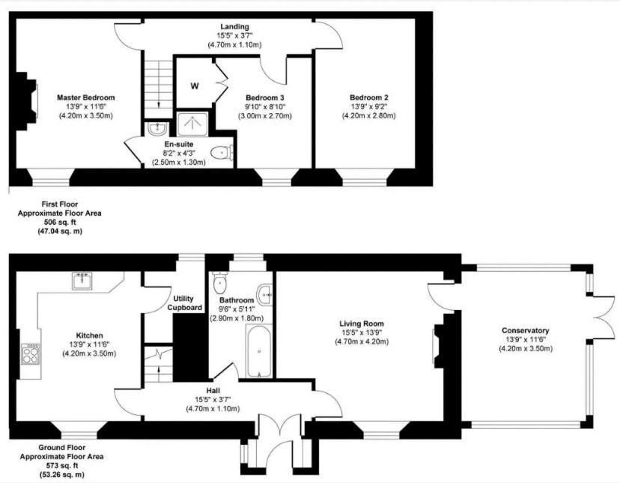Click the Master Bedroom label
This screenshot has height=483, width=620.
[86, 97]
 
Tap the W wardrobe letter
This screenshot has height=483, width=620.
[195, 86]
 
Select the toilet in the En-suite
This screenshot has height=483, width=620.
[222, 152]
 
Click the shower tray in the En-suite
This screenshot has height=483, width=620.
[192, 124]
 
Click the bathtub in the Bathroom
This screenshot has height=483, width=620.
[259, 351]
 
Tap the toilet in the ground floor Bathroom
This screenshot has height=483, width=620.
[219, 282]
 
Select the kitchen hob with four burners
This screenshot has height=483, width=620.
[31, 354]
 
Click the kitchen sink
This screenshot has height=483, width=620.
[82, 280]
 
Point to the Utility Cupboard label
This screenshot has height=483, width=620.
[184, 303]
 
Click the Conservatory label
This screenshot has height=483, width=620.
[526, 331]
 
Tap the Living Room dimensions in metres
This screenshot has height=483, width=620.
[362, 341]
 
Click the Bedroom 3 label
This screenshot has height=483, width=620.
[265, 97]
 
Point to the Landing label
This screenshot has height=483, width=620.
[235, 26]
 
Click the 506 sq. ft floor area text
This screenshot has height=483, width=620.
[60, 222]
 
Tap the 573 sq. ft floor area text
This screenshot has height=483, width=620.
[61, 466]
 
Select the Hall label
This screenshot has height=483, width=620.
[213, 391]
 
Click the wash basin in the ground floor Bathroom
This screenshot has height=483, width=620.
[264, 295]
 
